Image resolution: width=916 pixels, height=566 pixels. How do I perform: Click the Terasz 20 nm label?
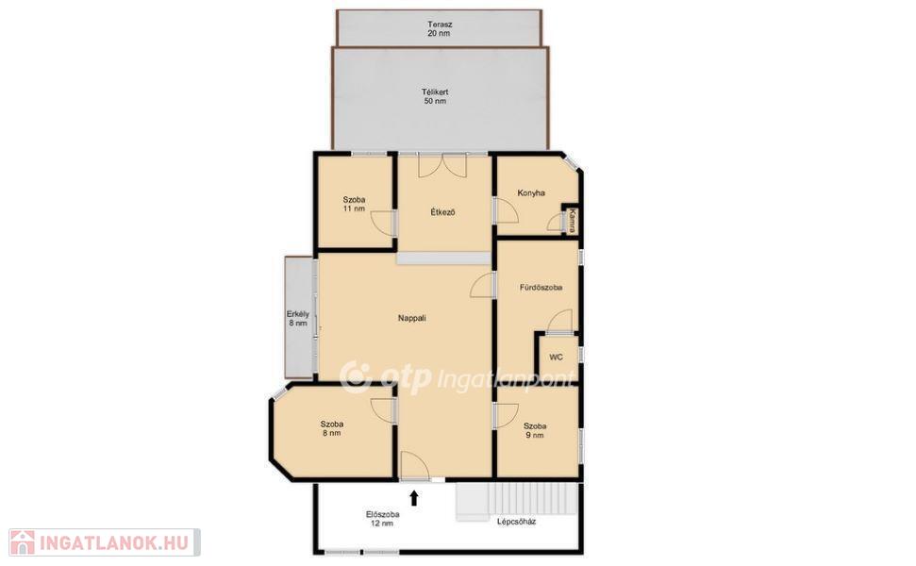click(x=440, y=29)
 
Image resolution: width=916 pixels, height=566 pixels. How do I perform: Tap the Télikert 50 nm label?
click(x=435, y=96)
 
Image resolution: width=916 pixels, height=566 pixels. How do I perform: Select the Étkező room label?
click(x=442, y=212)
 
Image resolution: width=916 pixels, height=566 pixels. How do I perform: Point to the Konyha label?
click(x=531, y=192)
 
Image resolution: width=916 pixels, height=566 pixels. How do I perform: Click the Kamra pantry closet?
click(x=571, y=220)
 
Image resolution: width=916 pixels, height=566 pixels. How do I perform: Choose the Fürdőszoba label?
click(x=541, y=288)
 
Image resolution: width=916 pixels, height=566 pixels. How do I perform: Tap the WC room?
click(x=558, y=357)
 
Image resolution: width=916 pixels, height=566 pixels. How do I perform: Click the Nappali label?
click(x=412, y=318)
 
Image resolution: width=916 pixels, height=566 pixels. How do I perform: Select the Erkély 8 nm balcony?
click(x=299, y=317)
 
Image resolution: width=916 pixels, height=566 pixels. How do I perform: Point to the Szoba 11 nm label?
click(x=354, y=204)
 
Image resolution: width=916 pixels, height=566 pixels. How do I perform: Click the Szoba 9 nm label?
click(x=535, y=430)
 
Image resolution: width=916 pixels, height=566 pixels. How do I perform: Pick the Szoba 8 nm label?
click(x=331, y=428)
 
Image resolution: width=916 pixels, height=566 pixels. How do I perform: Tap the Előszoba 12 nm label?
click(x=383, y=519)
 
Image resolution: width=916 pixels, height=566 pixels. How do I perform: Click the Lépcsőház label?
click(x=516, y=522)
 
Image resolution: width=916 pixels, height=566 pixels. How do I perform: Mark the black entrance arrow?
click(x=414, y=498)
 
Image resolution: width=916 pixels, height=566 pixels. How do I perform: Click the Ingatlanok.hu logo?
click(x=105, y=542)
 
